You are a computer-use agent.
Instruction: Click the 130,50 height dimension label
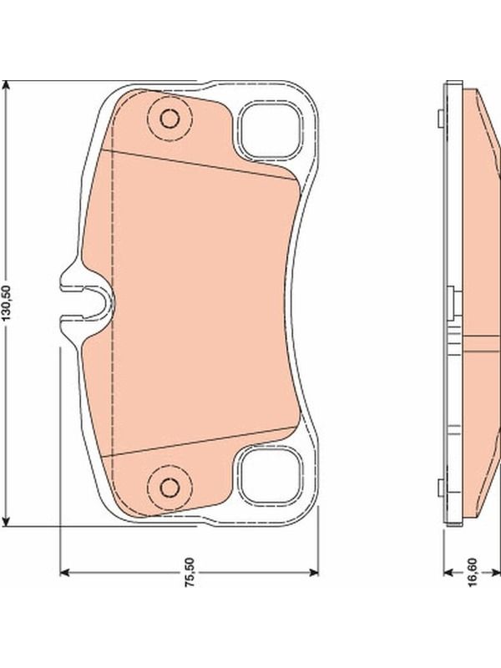(x=8, y=302)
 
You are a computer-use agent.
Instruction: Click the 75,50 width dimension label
(x=190, y=572)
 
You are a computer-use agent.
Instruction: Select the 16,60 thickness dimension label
(x=473, y=573)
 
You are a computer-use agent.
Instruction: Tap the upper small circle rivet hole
(x=170, y=119)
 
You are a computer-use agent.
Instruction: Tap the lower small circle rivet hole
(x=170, y=488)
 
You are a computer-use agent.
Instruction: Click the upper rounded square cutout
(x=269, y=131)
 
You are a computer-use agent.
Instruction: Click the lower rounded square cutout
(x=269, y=476)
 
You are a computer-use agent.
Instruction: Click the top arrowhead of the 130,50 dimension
(x=6, y=87)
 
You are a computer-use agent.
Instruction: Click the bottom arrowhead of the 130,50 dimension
(x=6, y=520)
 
